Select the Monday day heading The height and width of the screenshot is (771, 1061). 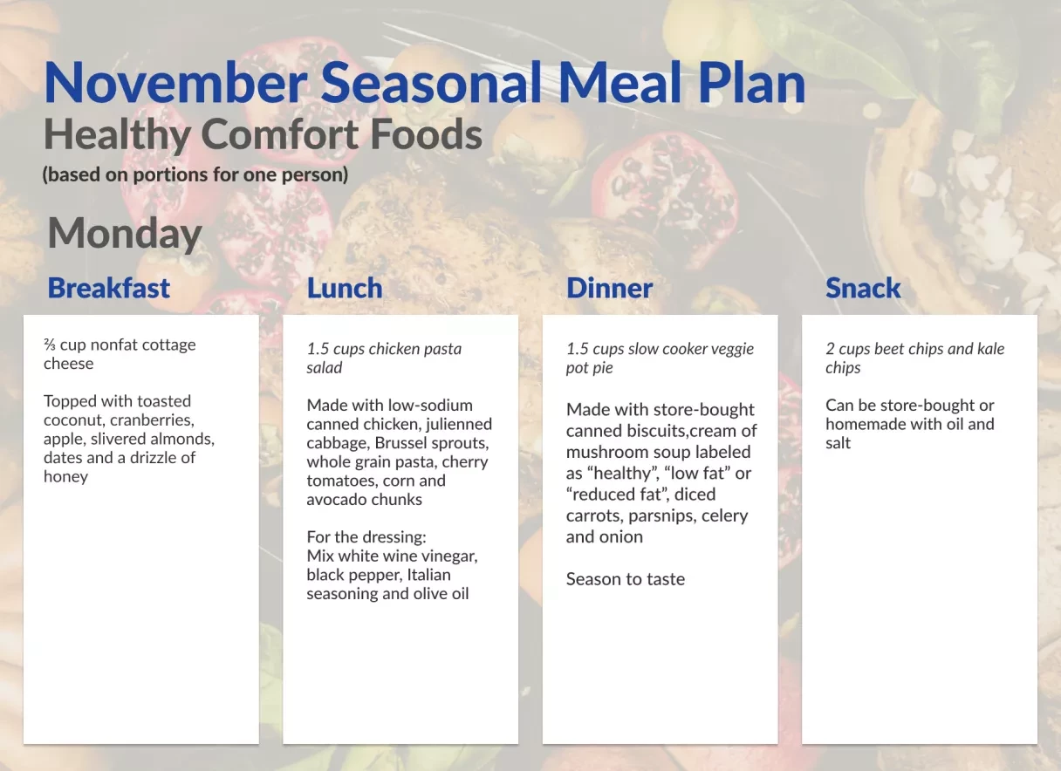pyautogui.click(x=125, y=234)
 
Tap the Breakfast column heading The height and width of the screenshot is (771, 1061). pyautogui.click(x=109, y=288)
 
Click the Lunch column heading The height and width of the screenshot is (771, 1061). pyautogui.click(x=345, y=288)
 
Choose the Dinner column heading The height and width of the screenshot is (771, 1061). pyautogui.click(x=609, y=288)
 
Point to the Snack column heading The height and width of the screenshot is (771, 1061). pyautogui.click(x=863, y=288)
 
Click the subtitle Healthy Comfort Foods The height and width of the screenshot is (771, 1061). pyautogui.click(x=263, y=135)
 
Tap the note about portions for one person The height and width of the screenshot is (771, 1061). pyautogui.click(x=195, y=174)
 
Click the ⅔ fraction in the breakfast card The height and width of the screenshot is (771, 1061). pyautogui.click(x=50, y=345)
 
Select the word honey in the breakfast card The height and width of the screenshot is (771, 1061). pyautogui.click(x=65, y=476)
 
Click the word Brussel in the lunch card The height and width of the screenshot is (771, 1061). pyautogui.click(x=402, y=443)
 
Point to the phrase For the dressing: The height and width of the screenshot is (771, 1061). pyautogui.click(x=366, y=537)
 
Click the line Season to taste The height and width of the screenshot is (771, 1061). pyautogui.click(x=626, y=579)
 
